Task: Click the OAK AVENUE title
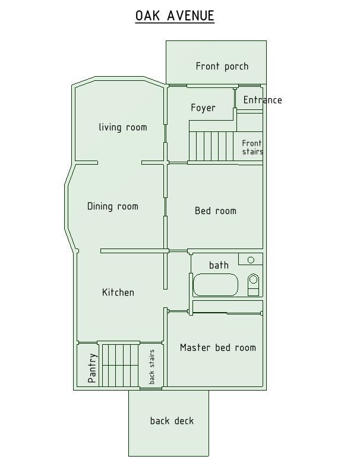click(x=175, y=15)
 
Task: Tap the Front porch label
click(x=222, y=67)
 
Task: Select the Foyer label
click(x=203, y=108)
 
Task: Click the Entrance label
click(x=263, y=100)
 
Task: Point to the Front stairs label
click(x=252, y=147)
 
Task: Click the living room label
click(x=123, y=127)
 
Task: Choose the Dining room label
click(x=113, y=206)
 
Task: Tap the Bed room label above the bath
click(x=216, y=210)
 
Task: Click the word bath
click(x=219, y=265)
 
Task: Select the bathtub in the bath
click(x=216, y=285)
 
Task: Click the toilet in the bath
click(x=254, y=285)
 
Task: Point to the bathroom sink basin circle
click(x=251, y=260)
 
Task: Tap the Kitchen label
click(x=118, y=292)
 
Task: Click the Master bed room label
click(x=218, y=347)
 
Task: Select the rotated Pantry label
click(x=92, y=368)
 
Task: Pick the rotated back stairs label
click(x=151, y=367)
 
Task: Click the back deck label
click(x=172, y=421)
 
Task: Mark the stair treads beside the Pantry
click(x=120, y=366)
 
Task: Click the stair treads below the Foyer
click(x=211, y=146)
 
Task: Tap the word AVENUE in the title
click(x=191, y=15)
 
